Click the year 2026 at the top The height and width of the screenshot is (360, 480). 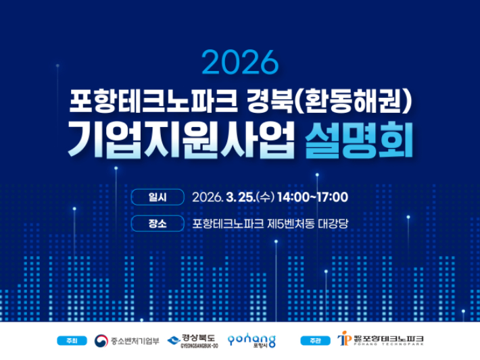pos(239,63)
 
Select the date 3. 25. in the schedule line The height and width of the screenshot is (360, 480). pos(241,197)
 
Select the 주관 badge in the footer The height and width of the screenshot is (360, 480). pos(311,340)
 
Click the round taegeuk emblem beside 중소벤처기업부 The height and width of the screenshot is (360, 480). pos(101,340)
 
